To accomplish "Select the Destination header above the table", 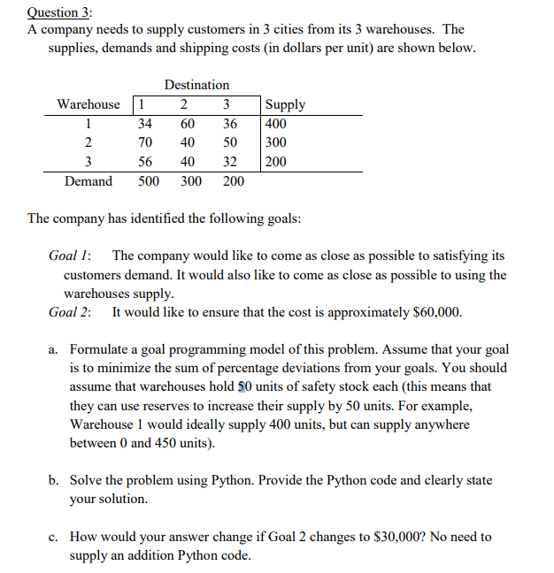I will tap(196, 85).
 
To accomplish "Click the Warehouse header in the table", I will tap(88, 104).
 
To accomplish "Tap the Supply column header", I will tap(285, 104).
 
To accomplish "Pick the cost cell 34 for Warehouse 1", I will tap(145, 124).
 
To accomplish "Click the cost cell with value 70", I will tap(145, 142).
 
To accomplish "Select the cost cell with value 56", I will tap(145, 162).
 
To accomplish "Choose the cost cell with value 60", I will tap(188, 124).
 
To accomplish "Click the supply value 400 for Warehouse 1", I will tap(276, 124).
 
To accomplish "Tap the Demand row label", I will tap(88, 181).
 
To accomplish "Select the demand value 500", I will tap(149, 181).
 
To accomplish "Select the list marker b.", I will tap(54, 480).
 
